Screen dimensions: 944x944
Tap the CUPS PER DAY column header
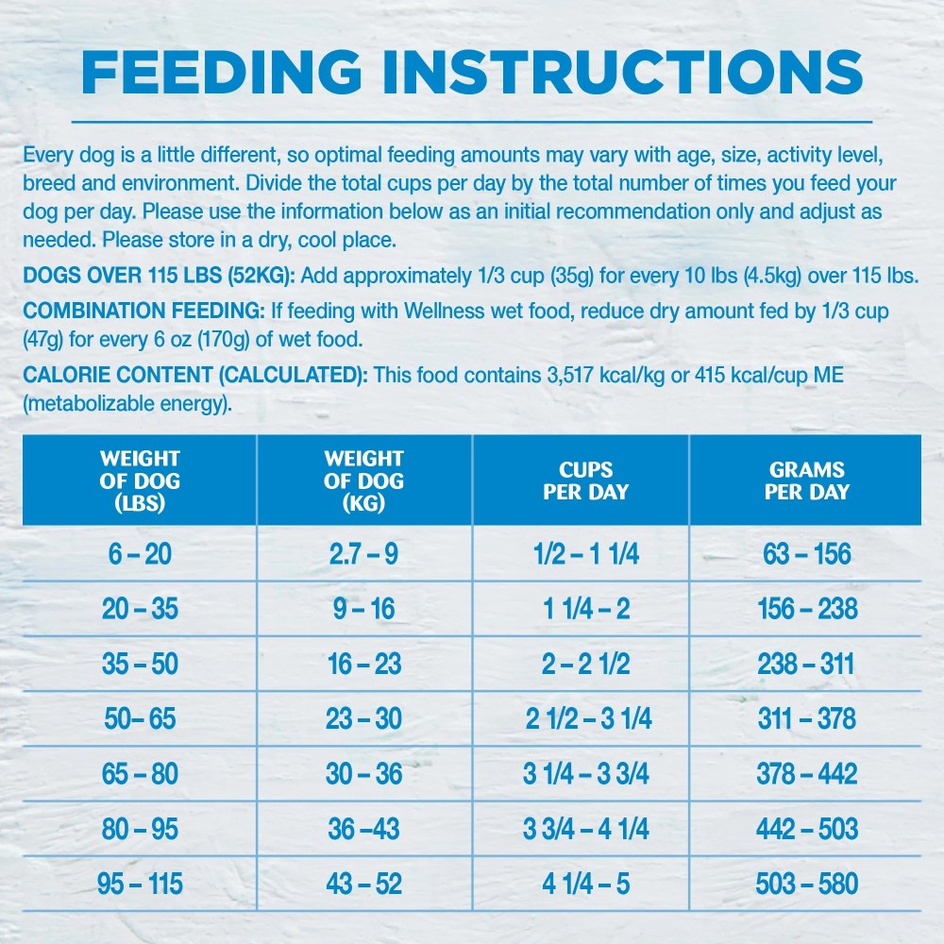click(x=586, y=480)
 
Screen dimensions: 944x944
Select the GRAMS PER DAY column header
click(x=807, y=480)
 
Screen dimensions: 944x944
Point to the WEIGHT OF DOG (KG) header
click(x=363, y=480)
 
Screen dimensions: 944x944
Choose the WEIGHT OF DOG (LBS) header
click(x=140, y=480)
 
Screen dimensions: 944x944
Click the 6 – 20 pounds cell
click(x=140, y=554)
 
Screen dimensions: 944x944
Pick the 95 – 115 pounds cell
click(x=140, y=884)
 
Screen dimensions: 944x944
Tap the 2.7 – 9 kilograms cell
click(x=363, y=554)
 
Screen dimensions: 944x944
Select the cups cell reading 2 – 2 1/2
click(x=586, y=664)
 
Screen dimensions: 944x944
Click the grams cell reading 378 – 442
click(x=807, y=774)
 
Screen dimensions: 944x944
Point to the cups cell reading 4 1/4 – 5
click(x=586, y=884)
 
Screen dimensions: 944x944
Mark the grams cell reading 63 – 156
click(x=807, y=554)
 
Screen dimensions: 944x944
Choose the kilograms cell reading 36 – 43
click(x=363, y=829)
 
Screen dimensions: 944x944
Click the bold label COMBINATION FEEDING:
click(x=143, y=311)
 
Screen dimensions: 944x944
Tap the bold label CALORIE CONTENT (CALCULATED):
click(x=195, y=375)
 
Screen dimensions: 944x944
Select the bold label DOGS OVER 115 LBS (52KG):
click(x=159, y=276)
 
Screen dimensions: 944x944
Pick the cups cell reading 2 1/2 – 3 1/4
click(x=588, y=718)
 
